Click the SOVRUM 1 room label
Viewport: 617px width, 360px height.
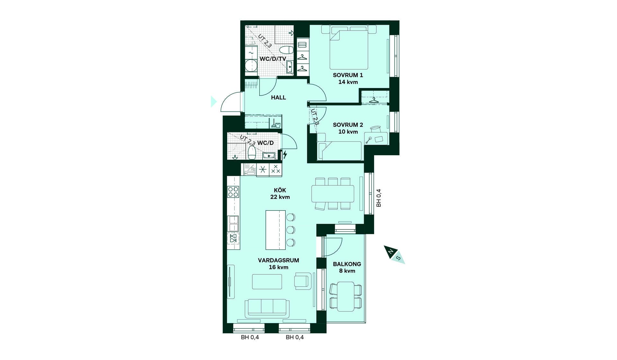(x=348, y=75)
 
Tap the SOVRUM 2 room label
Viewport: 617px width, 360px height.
(x=348, y=125)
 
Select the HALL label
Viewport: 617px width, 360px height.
(x=278, y=98)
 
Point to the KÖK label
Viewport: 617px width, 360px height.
(x=280, y=190)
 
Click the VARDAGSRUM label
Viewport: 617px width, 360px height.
(x=278, y=260)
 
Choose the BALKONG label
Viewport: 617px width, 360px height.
(x=347, y=264)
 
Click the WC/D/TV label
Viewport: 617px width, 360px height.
(x=273, y=59)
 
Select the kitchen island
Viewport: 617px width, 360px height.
(x=275, y=230)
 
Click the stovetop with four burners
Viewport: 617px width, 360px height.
(x=233, y=192)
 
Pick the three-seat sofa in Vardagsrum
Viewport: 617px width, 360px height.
(x=267, y=308)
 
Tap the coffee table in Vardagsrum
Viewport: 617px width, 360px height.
(x=267, y=282)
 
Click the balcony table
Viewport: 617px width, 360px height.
(x=346, y=296)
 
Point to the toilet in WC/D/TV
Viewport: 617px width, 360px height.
(x=286, y=50)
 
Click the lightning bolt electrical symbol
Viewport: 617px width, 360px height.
(x=285, y=155)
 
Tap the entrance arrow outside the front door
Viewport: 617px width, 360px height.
(x=213, y=102)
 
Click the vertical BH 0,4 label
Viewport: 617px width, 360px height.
(x=379, y=198)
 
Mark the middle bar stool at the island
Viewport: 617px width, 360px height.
(x=291, y=230)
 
